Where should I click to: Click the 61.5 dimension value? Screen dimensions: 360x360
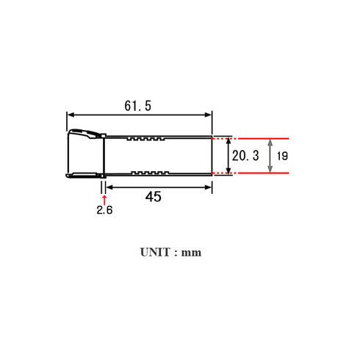coord(137,107)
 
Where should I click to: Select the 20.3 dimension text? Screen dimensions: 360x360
coord(246,156)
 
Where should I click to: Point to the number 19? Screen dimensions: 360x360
coord(284,156)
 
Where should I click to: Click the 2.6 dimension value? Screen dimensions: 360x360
coord(104,210)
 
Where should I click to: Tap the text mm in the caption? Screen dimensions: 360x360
coord(191,252)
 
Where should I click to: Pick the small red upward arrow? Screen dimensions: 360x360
coord(104,196)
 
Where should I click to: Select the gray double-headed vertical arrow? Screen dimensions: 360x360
coord(270,156)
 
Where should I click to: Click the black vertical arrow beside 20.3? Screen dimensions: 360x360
coord(228,156)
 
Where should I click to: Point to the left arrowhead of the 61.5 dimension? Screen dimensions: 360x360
coord(71,114)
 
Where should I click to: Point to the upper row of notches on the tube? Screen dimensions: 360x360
coord(145,138)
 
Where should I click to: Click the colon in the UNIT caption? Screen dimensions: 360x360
coord(176,252)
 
